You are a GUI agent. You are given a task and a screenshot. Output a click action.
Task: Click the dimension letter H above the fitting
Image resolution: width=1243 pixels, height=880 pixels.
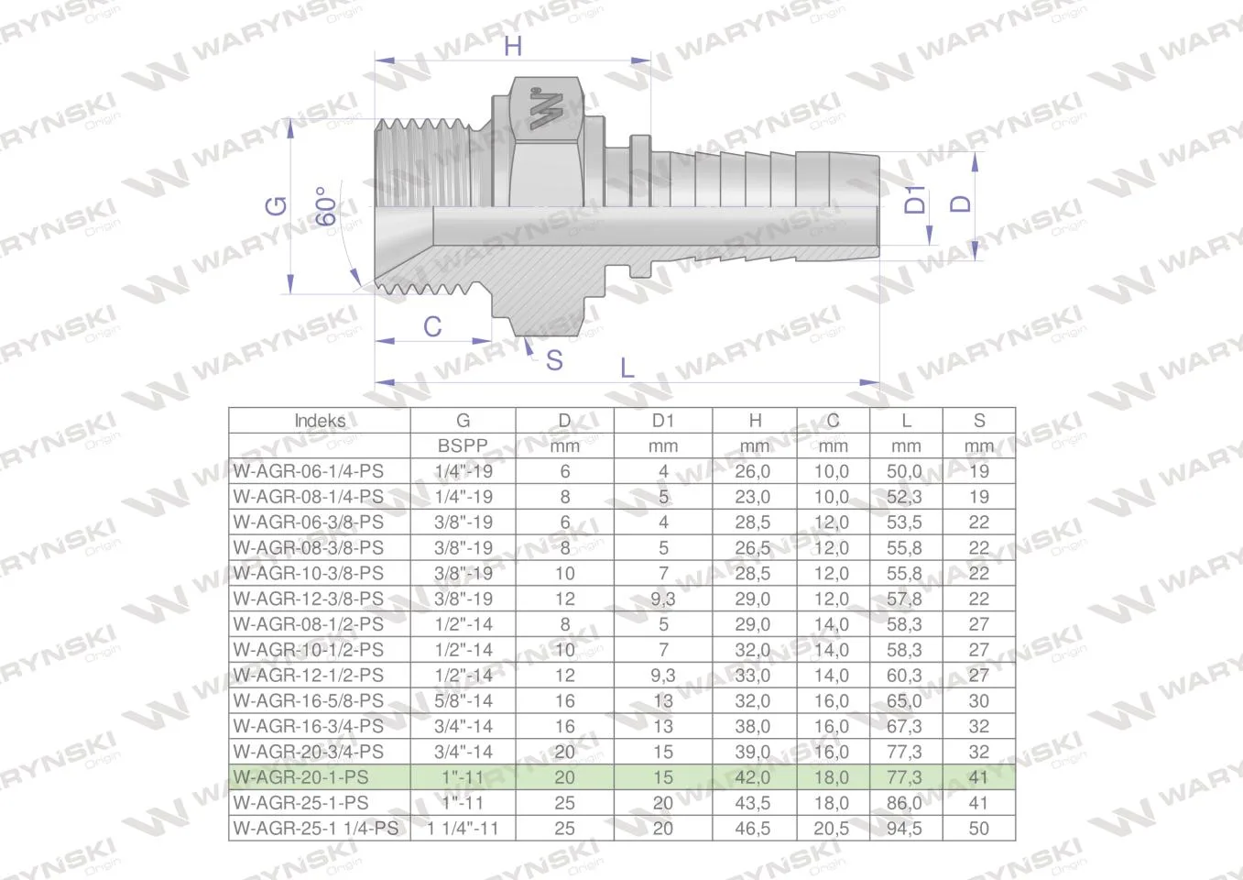tap(513, 46)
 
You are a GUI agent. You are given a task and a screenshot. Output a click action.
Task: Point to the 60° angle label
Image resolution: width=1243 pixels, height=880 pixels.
tap(326, 206)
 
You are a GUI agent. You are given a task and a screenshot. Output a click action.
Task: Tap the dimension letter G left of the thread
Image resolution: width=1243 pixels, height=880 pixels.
tap(277, 206)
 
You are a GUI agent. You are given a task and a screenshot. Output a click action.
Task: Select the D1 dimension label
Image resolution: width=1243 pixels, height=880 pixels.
tap(915, 199)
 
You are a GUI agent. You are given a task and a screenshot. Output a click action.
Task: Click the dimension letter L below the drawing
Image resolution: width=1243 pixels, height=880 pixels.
tap(627, 368)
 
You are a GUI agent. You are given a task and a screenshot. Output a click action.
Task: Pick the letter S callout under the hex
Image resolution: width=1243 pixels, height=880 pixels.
tap(554, 360)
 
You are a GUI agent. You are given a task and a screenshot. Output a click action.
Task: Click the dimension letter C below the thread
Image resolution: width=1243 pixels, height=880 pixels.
tap(432, 326)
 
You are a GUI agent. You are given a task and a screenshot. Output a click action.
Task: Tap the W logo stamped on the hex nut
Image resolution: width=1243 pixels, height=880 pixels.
tap(546, 109)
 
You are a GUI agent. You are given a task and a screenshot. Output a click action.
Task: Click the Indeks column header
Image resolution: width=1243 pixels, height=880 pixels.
tap(320, 420)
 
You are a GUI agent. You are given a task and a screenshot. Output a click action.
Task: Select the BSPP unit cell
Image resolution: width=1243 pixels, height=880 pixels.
tap(463, 445)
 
